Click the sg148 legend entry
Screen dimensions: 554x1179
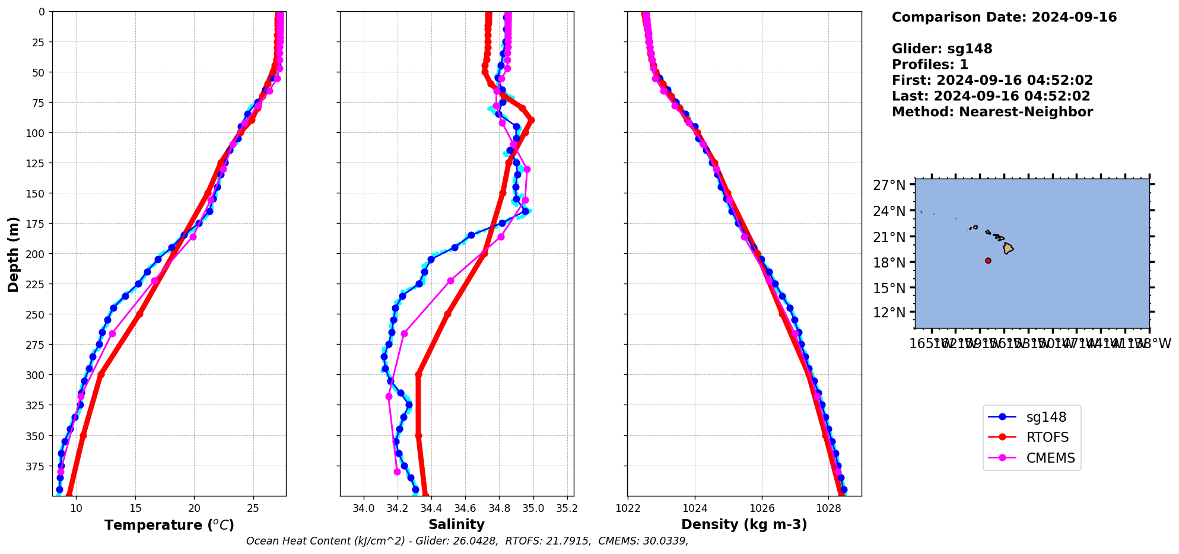(x=1046, y=417)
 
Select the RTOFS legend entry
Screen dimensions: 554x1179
(x=1047, y=437)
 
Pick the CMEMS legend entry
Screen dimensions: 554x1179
(x=1050, y=458)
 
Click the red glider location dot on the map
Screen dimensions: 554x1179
(x=988, y=260)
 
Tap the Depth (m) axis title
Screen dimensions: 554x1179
(x=13, y=254)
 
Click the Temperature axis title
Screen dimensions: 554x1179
(x=169, y=525)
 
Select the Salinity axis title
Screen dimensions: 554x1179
(x=456, y=524)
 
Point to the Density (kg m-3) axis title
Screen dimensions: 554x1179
(x=744, y=524)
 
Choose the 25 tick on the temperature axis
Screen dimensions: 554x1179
(x=253, y=508)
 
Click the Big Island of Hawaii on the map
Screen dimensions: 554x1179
(x=1008, y=249)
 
